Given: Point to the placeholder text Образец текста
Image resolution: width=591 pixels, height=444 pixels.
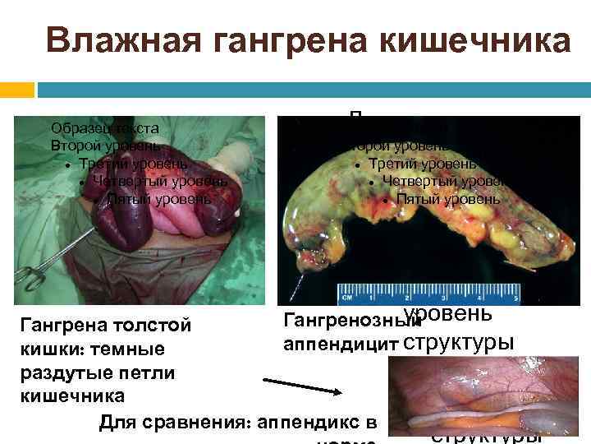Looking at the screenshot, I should coord(104,128).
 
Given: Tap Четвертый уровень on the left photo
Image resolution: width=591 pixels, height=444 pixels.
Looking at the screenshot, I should coord(160,181).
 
